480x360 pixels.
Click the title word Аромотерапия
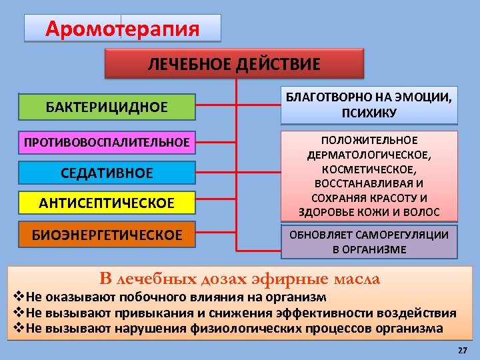pos(123,29)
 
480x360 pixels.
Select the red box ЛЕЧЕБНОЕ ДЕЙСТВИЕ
pos(233,64)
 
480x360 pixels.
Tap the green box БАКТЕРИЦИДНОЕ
pos(107,107)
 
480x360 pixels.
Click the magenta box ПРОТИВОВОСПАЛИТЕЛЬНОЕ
pos(107,142)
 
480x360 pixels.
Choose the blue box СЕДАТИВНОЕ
pos(107,173)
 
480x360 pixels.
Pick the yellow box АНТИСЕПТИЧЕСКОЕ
pos(107,203)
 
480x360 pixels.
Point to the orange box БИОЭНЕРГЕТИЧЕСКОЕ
pos(107,235)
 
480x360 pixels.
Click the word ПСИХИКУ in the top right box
pos(369,113)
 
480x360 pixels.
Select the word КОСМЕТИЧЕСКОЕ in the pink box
pos(369,169)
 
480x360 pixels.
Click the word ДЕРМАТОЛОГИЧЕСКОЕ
pos(369,155)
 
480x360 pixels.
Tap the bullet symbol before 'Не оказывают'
pos(19,297)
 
